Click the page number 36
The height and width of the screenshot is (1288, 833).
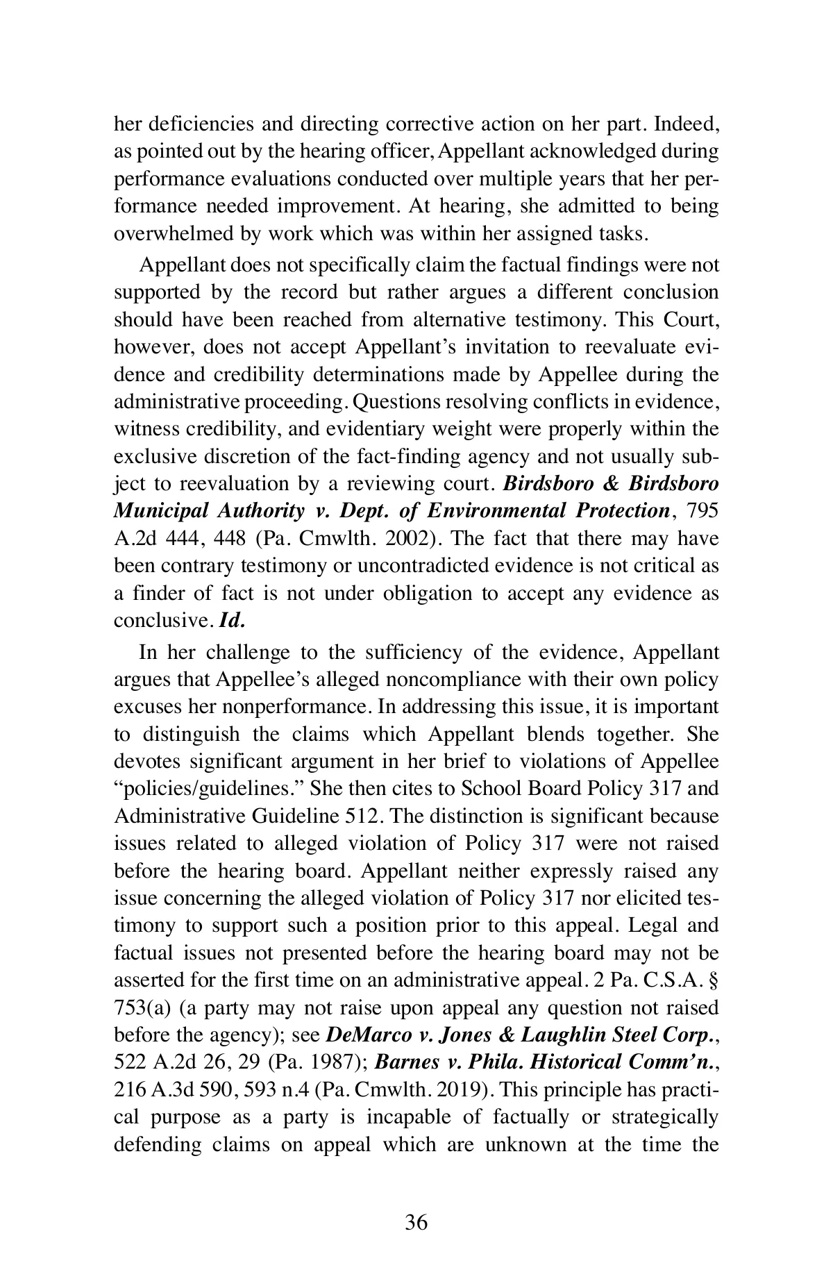tap(416, 1223)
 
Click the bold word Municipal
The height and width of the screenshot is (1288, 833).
tap(161, 511)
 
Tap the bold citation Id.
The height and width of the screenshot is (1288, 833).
tap(232, 621)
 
